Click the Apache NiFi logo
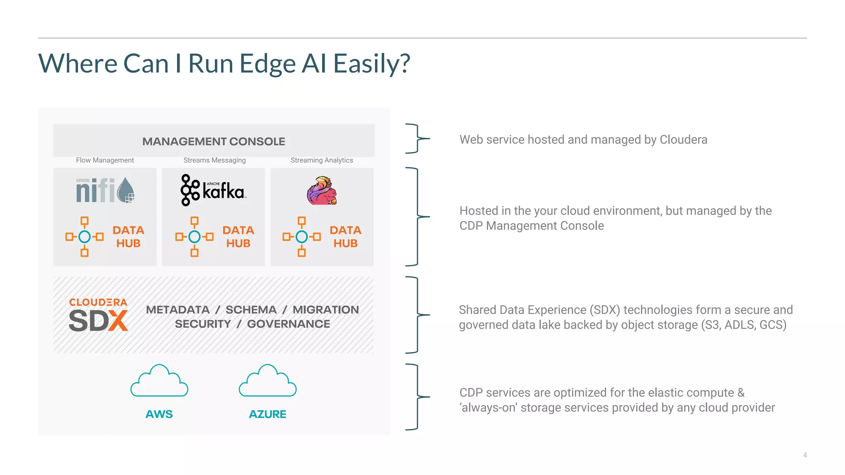(x=105, y=190)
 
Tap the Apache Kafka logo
(x=213, y=190)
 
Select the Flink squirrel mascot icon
(x=322, y=190)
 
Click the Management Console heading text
(x=214, y=141)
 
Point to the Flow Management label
(x=105, y=160)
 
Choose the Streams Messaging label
(x=215, y=160)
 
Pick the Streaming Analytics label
(x=322, y=160)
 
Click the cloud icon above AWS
(x=159, y=381)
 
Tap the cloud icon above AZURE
(x=268, y=381)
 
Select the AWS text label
(x=159, y=414)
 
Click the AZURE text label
(x=268, y=414)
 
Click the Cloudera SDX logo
(x=98, y=315)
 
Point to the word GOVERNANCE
(x=288, y=324)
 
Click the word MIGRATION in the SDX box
(x=326, y=310)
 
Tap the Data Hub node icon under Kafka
(x=194, y=237)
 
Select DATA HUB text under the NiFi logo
(x=128, y=237)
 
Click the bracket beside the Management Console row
(x=417, y=139)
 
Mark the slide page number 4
(x=805, y=455)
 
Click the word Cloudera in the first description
(x=683, y=140)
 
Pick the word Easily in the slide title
(x=371, y=64)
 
